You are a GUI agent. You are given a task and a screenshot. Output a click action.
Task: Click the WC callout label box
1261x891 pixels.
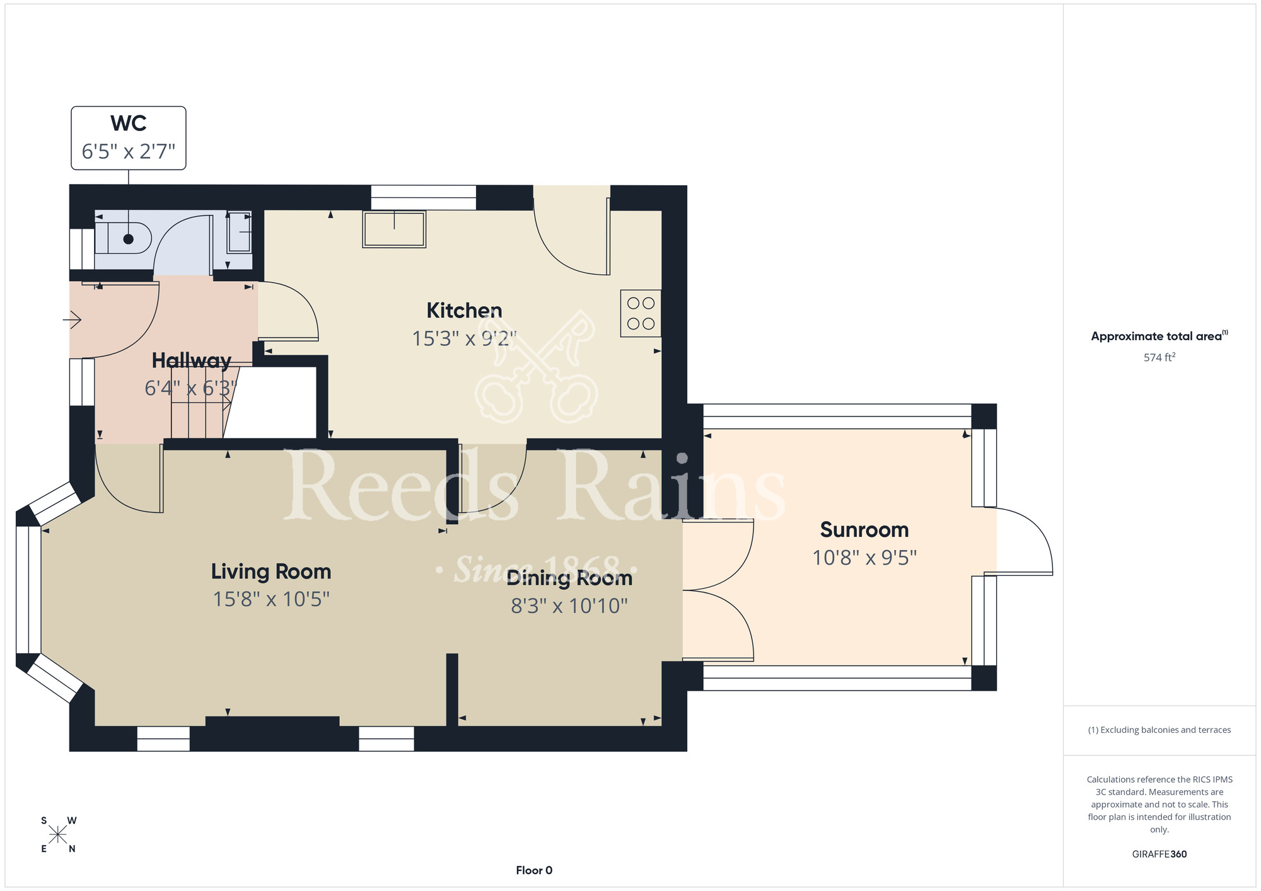129,138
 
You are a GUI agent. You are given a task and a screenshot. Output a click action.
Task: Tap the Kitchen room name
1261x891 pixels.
464,310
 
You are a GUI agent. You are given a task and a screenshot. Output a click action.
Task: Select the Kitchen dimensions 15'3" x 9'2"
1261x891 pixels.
464,338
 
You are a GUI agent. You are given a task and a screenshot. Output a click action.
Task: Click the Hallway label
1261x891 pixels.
192,360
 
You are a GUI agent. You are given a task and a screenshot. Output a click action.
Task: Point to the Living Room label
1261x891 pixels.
271,572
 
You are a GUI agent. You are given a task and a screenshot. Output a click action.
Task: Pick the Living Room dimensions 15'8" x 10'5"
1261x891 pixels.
271,599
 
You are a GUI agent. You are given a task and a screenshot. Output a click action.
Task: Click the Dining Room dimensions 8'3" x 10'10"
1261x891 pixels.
569,606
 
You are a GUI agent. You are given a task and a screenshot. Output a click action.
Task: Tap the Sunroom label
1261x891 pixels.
864,530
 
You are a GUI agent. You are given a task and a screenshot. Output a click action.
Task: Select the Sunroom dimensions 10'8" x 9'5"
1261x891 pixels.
864,558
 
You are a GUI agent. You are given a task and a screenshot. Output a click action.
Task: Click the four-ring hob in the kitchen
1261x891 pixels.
641,313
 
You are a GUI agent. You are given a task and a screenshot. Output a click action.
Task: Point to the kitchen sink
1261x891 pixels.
394,229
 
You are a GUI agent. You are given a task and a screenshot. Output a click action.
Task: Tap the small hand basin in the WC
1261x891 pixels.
240,232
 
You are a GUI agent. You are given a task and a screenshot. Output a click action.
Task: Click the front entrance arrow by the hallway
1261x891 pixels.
73,320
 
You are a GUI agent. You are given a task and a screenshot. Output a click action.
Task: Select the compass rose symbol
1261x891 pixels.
58,835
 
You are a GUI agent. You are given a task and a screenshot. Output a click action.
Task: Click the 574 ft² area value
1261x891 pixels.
1159,357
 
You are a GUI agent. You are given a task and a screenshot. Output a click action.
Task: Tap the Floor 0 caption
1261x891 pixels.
534,870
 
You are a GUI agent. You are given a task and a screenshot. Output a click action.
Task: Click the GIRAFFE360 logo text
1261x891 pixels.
1159,854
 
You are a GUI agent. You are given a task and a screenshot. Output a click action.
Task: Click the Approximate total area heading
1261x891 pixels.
1159,336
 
